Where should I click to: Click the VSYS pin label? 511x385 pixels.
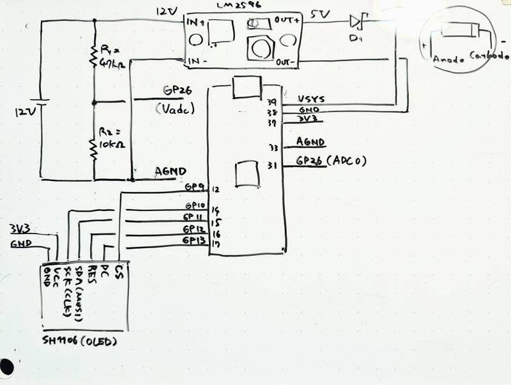(311, 100)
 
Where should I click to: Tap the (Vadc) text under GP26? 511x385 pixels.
(173, 109)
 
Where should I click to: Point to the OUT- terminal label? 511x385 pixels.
(284, 63)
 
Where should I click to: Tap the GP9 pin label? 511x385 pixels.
(194, 187)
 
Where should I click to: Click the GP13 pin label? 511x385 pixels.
(194, 240)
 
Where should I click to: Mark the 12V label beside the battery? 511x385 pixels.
(27, 112)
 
